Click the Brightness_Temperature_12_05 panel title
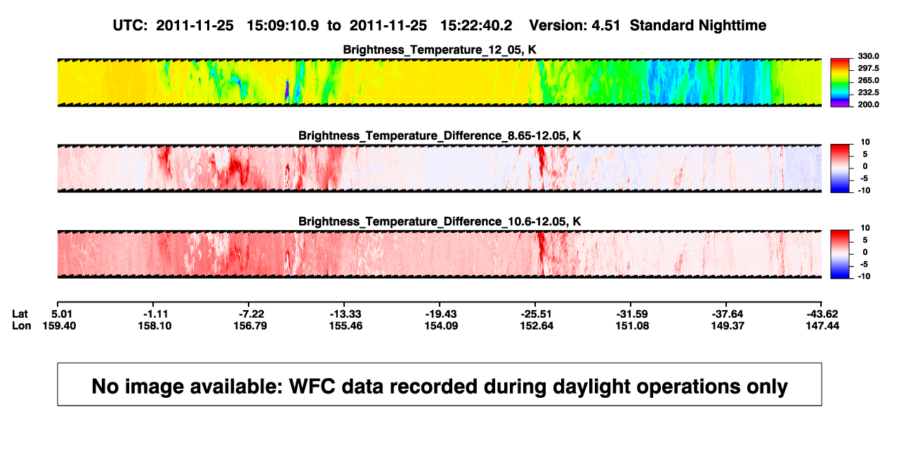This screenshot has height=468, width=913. point(440,50)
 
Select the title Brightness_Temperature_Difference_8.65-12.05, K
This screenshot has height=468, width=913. point(440,135)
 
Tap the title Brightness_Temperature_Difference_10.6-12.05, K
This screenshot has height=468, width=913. point(440,222)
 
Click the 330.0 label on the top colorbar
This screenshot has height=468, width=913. point(868,56)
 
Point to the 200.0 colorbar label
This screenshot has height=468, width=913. point(868,105)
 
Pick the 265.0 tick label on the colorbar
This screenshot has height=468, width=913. point(868,80)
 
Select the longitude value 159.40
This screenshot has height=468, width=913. point(59,326)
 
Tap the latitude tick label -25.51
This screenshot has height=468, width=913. point(537,314)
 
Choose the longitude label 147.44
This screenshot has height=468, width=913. point(822,326)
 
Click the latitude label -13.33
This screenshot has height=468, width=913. point(346,314)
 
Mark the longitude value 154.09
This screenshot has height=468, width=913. point(441,326)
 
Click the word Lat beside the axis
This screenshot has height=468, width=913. point(20,314)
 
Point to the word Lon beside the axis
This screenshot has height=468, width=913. point(21,326)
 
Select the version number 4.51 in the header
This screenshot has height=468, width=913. point(605,26)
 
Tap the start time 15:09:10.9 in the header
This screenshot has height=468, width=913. point(283,26)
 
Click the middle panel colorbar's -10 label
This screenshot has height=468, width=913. point(865,191)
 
